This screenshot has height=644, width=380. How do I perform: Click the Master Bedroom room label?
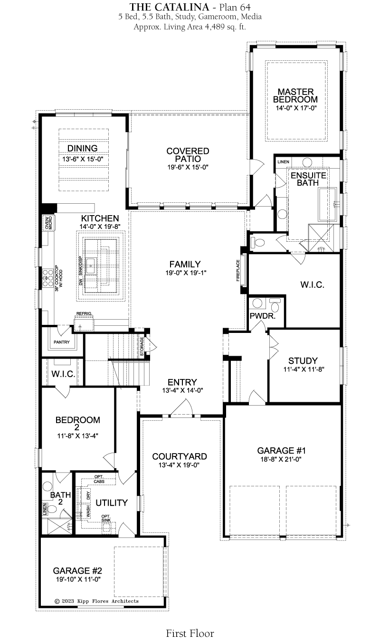click(295, 96)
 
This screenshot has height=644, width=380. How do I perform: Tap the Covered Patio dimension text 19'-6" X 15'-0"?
click(188, 167)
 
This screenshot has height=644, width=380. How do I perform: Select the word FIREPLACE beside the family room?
click(238, 270)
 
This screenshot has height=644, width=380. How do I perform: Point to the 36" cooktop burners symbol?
click(47, 278)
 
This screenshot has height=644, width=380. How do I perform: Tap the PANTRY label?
click(62, 342)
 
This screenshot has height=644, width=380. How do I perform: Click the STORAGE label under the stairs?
click(142, 346)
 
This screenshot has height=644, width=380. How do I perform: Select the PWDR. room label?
click(262, 316)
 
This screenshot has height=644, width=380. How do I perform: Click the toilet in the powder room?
click(275, 305)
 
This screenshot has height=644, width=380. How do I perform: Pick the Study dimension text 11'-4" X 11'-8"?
click(304, 369)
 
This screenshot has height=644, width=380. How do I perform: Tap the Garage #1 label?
click(281, 451)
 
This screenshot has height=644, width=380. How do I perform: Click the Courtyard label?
click(180, 456)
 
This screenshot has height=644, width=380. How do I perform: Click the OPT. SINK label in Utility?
click(106, 518)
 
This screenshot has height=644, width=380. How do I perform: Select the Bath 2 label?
click(60, 498)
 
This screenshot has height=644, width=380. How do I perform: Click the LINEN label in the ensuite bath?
click(283, 162)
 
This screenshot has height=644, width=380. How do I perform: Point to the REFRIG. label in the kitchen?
click(84, 313)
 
